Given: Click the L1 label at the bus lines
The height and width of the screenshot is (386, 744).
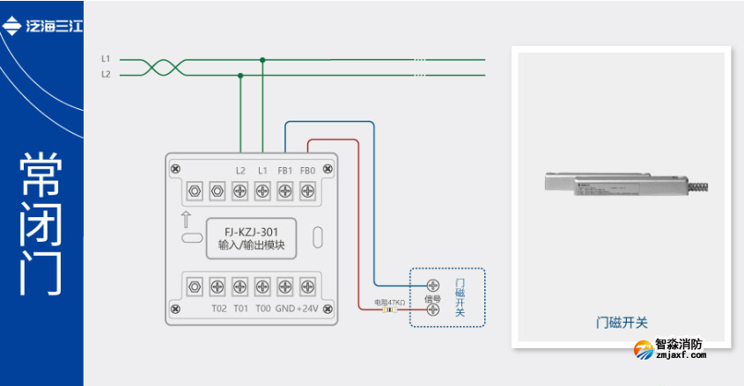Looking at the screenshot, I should point(106,59).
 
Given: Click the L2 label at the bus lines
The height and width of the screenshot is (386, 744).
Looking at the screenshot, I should point(106,75).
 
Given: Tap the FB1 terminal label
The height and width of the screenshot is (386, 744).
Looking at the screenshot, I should point(284,170).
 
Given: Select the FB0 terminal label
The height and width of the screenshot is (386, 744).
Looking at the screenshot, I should point(307,170).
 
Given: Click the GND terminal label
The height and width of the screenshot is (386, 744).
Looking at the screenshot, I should point(284,309).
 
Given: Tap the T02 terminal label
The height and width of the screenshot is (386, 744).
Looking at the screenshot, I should point(218,309).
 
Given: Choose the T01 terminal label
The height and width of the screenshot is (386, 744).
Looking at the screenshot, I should point(239,309).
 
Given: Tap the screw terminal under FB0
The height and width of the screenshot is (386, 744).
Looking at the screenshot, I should point(307,190).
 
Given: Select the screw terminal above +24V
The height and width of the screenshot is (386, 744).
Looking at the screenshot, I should point(307,285).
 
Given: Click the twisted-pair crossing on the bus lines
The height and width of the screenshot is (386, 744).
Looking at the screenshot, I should point(164,67).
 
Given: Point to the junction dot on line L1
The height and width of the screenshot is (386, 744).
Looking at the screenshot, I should point(262,60).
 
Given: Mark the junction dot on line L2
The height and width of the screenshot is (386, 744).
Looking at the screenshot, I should point(240,76).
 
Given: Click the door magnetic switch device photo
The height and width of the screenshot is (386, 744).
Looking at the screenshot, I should point(622,186).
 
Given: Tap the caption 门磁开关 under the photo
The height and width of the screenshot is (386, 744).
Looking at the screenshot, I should point(622,323).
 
